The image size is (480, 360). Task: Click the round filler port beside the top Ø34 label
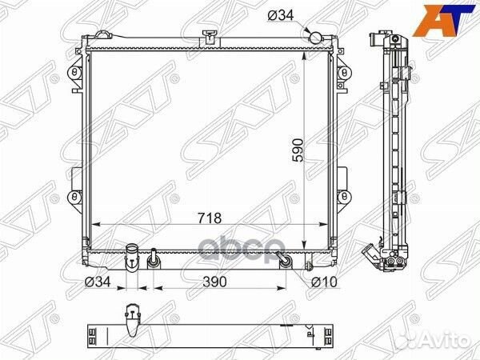(x=316, y=36)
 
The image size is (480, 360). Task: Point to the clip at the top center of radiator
(x=210, y=35)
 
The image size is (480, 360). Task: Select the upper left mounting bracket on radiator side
(x=75, y=73)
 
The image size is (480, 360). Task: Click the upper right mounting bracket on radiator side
(x=345, y=73)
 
